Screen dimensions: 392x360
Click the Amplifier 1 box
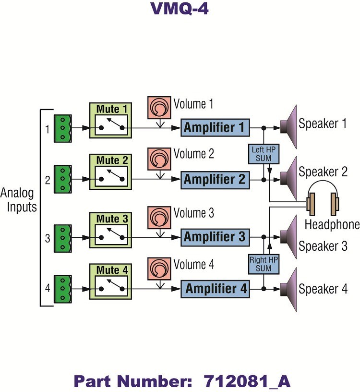click(x=215, y=128)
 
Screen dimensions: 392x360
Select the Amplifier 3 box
click(x=215, y=237)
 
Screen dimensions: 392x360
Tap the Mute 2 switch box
click(x=110, y=173)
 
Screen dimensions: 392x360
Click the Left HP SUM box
click(x=263, y=153)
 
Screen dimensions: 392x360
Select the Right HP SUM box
click(x=263, y=263)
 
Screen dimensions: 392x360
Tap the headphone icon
click(x=323, y=198)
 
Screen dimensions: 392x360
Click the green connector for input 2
click(x=62, y=180)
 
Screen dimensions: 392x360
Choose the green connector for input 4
click(x=62, y=289)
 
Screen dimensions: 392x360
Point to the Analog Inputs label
click(x=18, y=201)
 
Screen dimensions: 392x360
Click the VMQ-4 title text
click(x=180, y=9)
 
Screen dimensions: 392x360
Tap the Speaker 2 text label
click(x=323, y=171)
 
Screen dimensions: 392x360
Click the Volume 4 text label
click(x=193, y=265)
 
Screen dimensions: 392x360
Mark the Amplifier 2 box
click(x=215, y=180)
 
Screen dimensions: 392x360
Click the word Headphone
click(x=332, y=224)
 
